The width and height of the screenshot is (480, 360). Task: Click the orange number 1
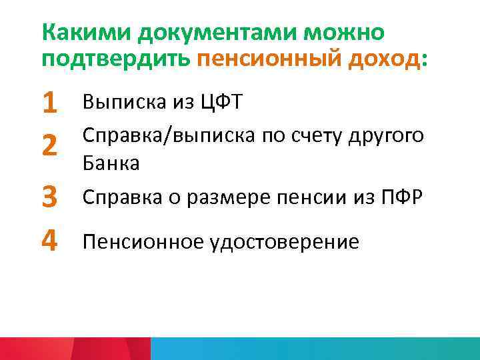(x=49, y=103)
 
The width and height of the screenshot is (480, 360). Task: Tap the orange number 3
(x=49, y=197)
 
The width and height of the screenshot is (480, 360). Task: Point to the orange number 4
(x=49, y=240)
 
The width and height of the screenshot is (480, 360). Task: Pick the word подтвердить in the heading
(x=116, y=61)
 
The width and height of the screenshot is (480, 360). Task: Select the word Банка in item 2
(x=111, y=163)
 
